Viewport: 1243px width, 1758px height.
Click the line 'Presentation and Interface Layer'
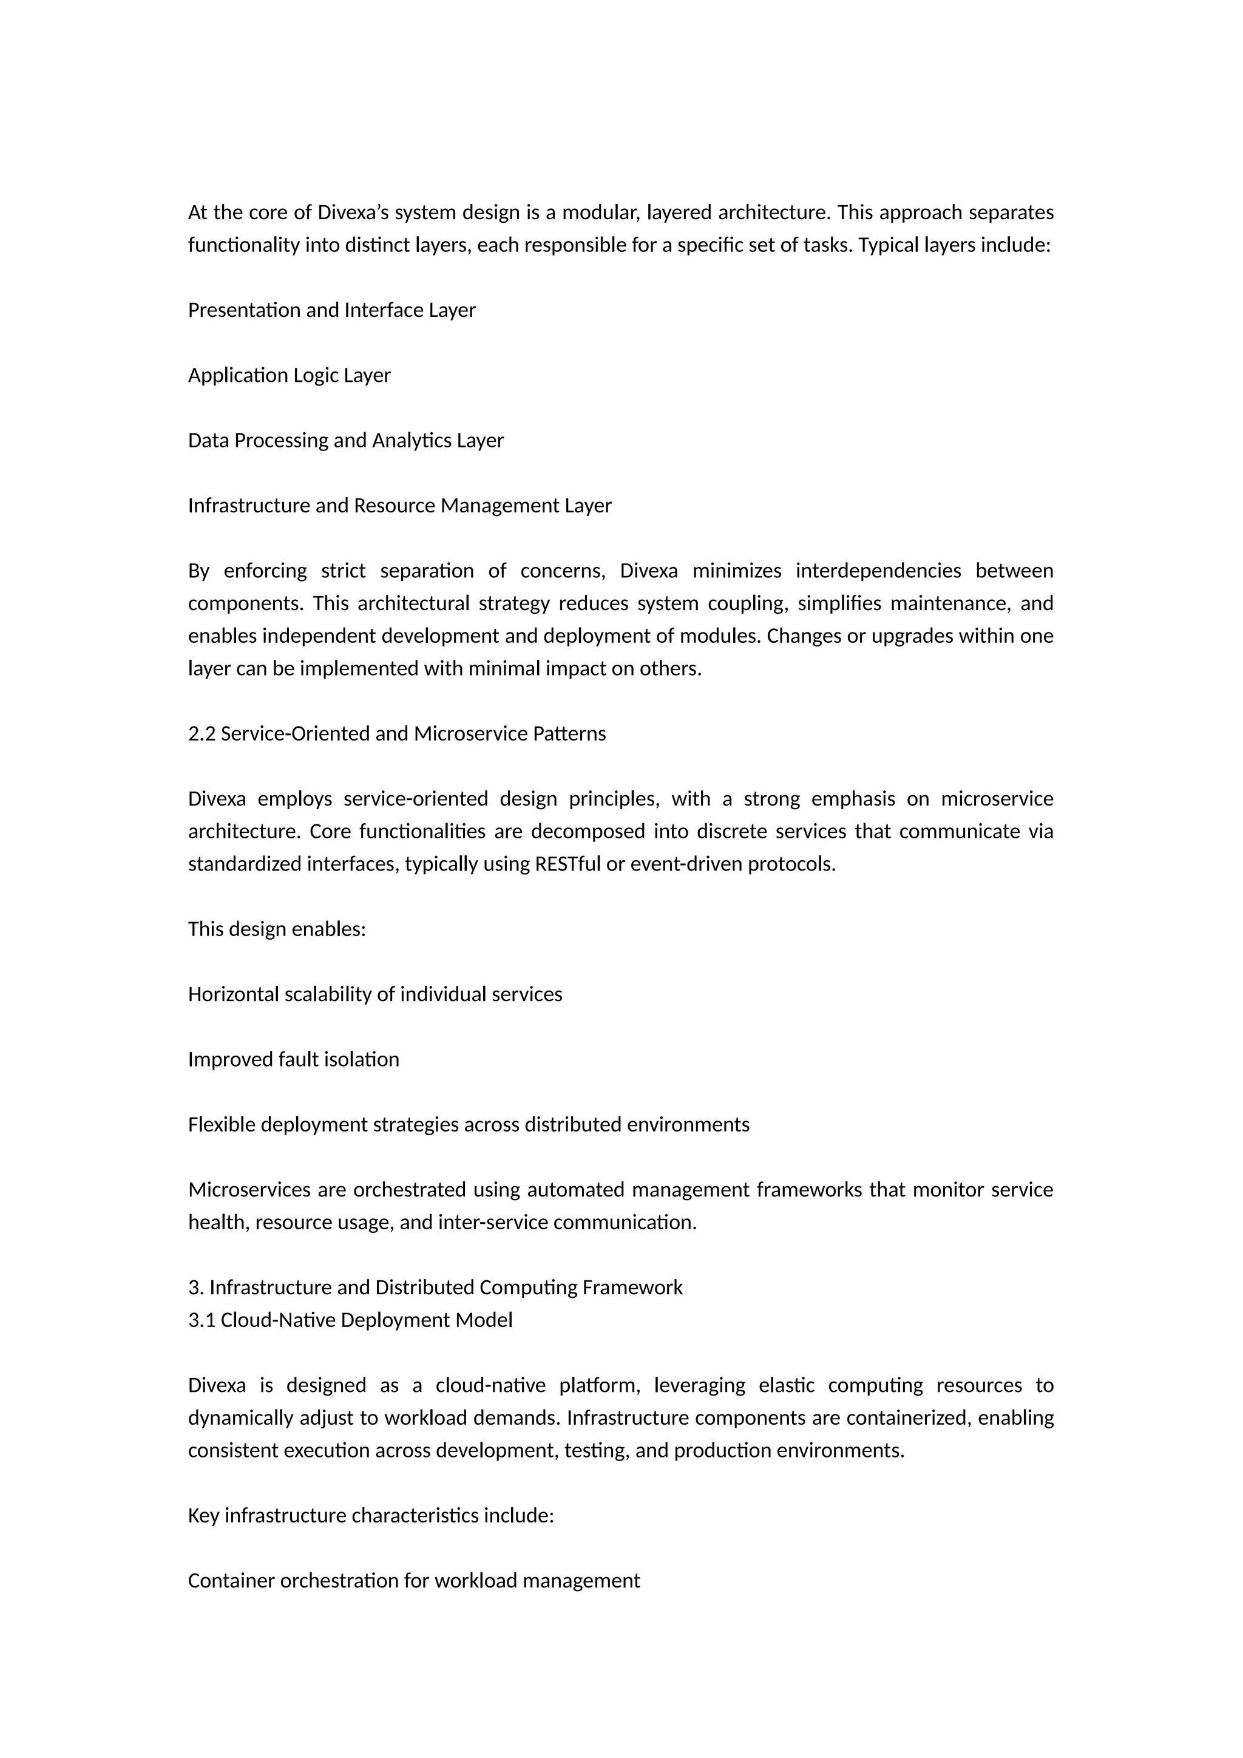(x=331, y=310)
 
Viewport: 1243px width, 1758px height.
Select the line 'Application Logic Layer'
(x=290, y=375)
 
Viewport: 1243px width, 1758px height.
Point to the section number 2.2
(x=202, y=733)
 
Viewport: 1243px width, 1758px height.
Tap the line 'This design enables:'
(x=277, y=929)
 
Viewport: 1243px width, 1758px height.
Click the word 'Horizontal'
(x=234, y=994)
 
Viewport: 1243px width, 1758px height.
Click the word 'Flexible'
(x=222, y=1124)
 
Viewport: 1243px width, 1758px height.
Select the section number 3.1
(x=202, y=1320)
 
